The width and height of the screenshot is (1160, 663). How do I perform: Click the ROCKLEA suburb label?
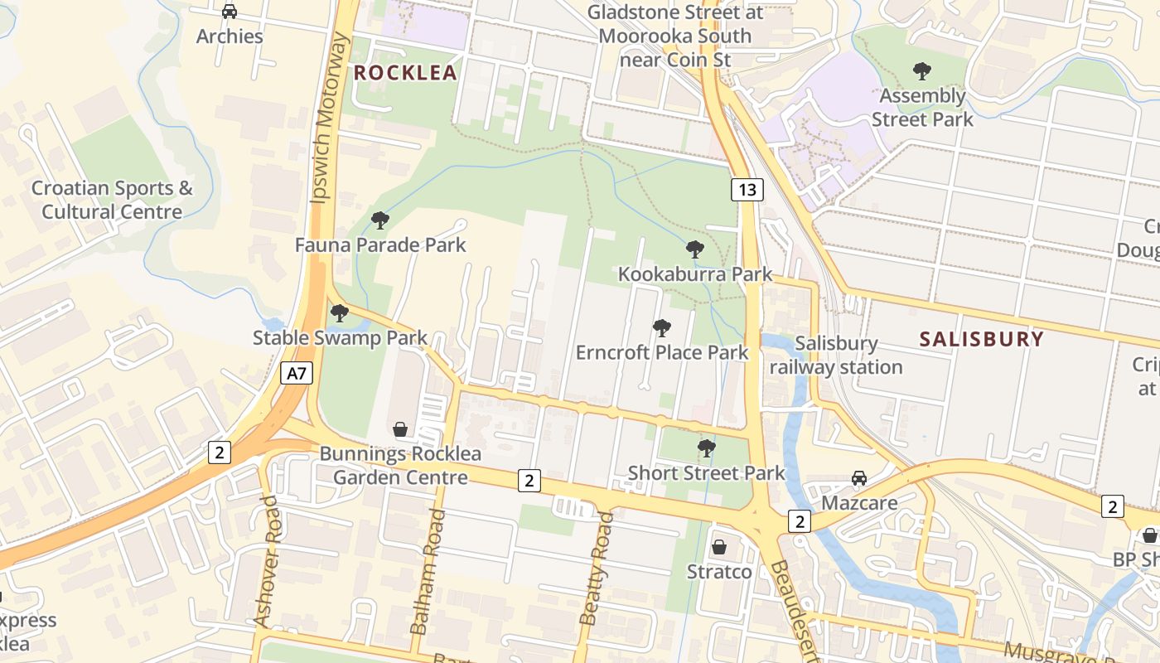[x=405, y=73]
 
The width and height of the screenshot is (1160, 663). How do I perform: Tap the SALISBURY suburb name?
[x=982, y=339]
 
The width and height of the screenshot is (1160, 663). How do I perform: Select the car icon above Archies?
[x=230, y=12]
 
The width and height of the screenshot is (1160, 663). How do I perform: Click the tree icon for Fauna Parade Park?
[x=380, y=220]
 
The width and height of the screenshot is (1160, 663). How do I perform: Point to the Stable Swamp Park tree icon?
[x=339, y=313]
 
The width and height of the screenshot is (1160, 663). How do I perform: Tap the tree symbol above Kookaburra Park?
[x=695, y=249]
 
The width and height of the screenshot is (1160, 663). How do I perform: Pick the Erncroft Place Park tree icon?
[x=661, y=328]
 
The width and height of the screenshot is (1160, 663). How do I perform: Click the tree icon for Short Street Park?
[x=706, y=448]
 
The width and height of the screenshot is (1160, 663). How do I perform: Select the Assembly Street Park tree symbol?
[x=921, y=71]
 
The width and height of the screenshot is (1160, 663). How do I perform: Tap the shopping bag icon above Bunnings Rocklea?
[x=400, y=429]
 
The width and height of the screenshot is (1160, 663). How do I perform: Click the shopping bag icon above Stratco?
[x=719, y=547]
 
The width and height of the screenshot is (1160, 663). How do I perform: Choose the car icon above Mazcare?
[x=859, y=478]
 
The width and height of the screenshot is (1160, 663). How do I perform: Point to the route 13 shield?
[x=747, y=190]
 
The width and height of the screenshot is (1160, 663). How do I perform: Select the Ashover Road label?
[x=267, y=561]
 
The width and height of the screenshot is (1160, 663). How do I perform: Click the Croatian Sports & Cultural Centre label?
[x=112, y=200]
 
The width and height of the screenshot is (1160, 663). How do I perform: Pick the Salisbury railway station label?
[x=835, y=355]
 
